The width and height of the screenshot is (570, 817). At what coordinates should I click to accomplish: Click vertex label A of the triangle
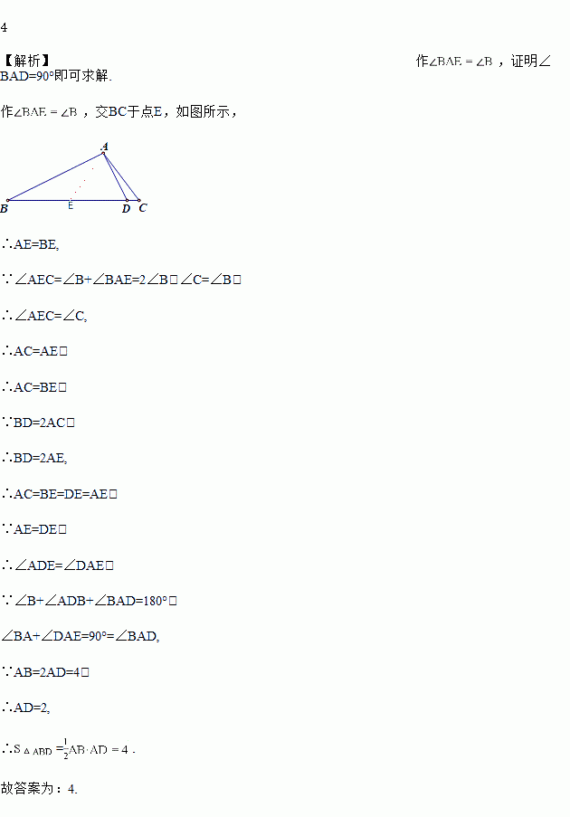coord(105,146)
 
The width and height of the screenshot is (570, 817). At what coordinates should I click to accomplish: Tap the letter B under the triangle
coord(5,209)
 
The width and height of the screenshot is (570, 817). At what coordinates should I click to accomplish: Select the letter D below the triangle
coord(126,209)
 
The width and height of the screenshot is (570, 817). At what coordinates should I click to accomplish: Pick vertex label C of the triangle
coord(143,208)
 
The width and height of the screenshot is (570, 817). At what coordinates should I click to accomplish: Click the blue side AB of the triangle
coord(54,176)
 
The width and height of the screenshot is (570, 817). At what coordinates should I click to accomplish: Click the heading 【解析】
coord(26,61)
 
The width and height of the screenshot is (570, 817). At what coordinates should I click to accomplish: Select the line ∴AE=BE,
coord(31,244)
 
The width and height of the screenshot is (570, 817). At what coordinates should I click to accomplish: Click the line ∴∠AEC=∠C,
coord(44,316)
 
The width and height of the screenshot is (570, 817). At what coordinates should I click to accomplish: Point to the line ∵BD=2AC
coord(37,423)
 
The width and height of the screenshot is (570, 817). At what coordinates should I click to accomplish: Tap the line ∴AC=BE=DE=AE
coord(59,494)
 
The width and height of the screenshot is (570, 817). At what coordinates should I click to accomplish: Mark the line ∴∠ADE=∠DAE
coord(57,565)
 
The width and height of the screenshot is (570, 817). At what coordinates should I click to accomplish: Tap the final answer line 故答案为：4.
coord(39,788)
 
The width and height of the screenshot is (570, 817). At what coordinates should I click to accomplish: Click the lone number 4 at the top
coord(5,27)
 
